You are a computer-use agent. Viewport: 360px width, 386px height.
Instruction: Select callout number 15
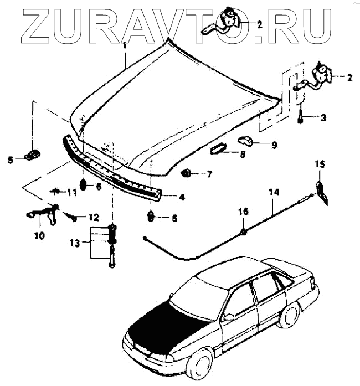(x=321, y=164)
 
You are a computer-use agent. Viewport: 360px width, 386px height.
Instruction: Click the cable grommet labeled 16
(x=244, y=230)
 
